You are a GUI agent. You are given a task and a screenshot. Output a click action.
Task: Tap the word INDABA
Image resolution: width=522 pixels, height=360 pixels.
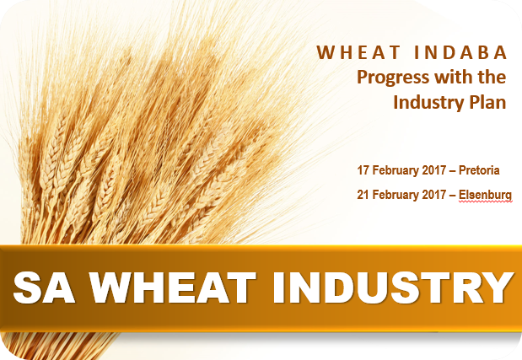tap(460, 52)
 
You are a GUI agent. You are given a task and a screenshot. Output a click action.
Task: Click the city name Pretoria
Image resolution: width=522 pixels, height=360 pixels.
tap(479, 170)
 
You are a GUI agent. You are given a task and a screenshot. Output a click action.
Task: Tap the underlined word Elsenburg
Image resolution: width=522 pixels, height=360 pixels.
tap(485, 195)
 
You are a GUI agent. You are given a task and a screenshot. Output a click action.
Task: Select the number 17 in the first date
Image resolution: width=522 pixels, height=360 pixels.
tap(363, 170)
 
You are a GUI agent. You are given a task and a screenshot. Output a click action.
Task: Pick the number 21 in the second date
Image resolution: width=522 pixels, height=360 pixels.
tap(363, 195)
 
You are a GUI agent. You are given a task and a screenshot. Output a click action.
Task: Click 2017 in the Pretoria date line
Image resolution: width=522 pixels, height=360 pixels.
tap(434, 170)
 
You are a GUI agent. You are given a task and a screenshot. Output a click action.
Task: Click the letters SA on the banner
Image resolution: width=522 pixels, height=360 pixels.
tap(44, 287)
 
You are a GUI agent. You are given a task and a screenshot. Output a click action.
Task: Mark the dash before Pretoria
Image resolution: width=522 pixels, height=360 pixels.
tap(452, 171)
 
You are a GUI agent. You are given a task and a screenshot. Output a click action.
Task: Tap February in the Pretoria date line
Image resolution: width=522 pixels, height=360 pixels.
tap(396, 171)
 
